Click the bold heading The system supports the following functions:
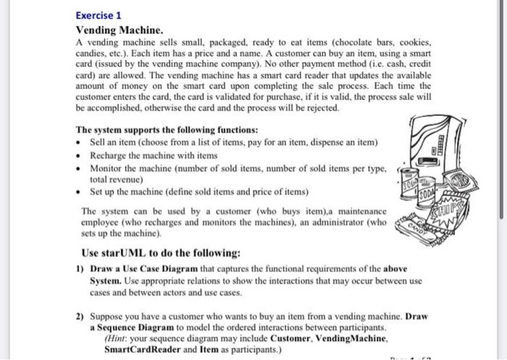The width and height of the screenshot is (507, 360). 167,130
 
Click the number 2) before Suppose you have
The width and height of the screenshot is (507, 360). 80,317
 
